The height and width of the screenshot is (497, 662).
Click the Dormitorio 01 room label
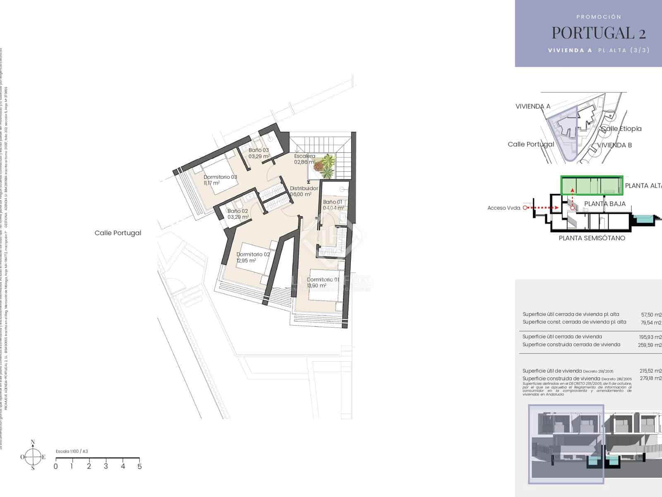click(x=323, y=280)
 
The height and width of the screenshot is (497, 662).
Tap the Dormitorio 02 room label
click(x=253, y=254)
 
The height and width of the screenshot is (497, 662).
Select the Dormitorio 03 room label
click(x=220, y=177)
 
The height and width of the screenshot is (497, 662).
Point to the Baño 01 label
click(x=333, y=202)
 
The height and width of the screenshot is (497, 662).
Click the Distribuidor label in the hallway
click(x=304, y=188)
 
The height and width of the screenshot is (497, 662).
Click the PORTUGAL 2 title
click(x=599, y=32)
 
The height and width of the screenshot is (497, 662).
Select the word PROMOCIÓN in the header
click(x=599, y=17)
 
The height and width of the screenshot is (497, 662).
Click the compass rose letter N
click(x=33, y=442)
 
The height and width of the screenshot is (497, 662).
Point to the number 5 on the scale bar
click(x=139, y=466)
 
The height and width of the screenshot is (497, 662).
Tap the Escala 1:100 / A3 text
click(x=72, y=451)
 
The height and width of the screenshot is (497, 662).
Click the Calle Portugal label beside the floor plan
click(x=118, y=233)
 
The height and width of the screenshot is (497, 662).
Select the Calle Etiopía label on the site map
click(x=621, y=129)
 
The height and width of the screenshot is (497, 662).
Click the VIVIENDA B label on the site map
click(x=614, y=145)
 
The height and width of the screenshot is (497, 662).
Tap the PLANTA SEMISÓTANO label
click(x=592, y=238)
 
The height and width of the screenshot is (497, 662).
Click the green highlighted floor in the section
click(x=592, y=185)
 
